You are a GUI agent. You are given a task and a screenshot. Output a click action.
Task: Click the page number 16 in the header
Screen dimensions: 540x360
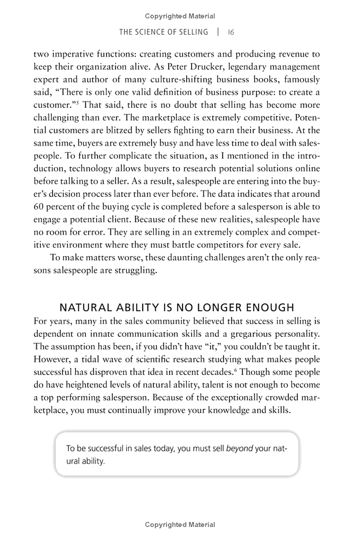coord(231,32)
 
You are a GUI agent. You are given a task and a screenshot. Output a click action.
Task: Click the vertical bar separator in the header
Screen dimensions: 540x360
coord(218,32)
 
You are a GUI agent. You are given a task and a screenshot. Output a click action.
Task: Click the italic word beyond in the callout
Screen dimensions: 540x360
coord(239,448)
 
